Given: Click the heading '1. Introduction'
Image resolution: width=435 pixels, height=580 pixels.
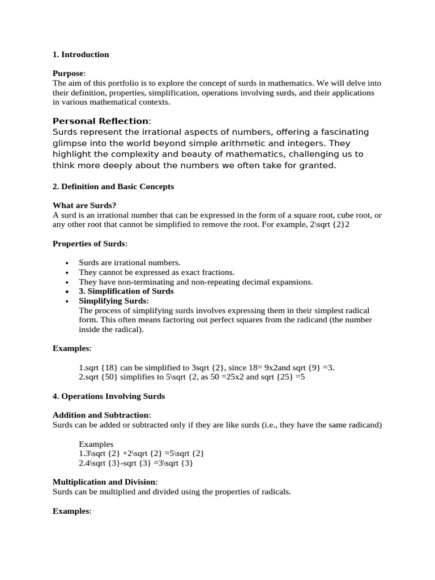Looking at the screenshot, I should (x=80, y=54).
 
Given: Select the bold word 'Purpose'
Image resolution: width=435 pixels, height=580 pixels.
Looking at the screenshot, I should (x=69, y=73).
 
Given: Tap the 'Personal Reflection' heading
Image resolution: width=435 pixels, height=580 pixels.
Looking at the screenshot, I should (x=101, y=121).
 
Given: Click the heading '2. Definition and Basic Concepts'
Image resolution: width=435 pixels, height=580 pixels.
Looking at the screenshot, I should (x=113, y=186).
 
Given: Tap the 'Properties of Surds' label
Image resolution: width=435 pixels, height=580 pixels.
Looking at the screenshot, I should (x=89, y=244).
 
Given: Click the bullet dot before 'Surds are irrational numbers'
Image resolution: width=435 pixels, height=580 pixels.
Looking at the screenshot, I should (x=67, y=263).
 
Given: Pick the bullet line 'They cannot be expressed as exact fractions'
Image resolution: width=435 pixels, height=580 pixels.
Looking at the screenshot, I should (x=156, y=272).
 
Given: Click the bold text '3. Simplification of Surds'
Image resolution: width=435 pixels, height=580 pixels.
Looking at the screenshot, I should (x=126, y=291).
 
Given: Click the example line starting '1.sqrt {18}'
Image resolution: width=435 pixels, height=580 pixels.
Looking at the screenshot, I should (x=206, y=368).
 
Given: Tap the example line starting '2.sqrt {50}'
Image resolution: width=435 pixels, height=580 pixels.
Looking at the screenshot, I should (x=191, y=377).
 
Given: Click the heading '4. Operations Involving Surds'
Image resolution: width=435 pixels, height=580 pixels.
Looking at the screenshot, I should (x=109, y=396).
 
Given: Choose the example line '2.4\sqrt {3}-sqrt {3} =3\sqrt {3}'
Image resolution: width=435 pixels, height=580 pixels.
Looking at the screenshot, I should (x=136, y=463).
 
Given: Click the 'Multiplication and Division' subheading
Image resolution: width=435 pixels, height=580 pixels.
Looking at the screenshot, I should (x=105, y=482).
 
